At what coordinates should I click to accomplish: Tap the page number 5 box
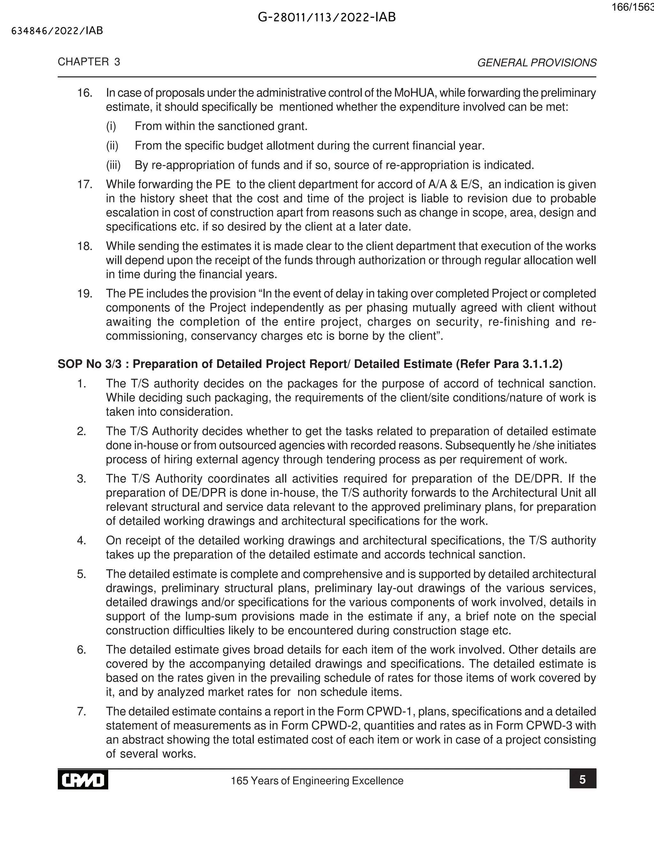582,779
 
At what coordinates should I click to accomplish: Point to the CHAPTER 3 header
89,62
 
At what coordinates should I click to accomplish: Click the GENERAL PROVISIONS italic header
536,63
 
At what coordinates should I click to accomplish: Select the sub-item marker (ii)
112,146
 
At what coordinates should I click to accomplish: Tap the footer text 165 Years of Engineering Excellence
317,781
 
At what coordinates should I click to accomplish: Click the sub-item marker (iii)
113,165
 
